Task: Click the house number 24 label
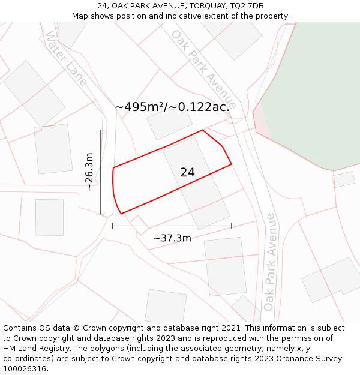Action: (187, 172)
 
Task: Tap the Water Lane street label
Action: (66, 58)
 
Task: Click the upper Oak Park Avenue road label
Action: (203, 69)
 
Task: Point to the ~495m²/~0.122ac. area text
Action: (173, 107)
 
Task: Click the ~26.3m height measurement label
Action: (89, 172)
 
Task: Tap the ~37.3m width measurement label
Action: (172, 238)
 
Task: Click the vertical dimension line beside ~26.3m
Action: (101, 172)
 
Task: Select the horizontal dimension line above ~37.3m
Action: (172, 226)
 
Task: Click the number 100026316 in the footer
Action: (26, 369)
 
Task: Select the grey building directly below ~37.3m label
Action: (225, 266)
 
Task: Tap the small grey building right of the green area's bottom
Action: (344, 179)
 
